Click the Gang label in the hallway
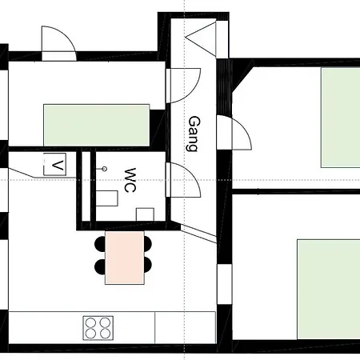point(194,134)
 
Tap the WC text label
point(130,180)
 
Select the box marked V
point(54,164)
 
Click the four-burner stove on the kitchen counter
point(98,328)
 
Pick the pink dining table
point(125,258)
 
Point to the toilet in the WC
point(106,198)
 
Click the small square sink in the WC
point(145,214)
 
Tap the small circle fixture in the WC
point(105,169)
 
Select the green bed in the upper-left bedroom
point(97,125)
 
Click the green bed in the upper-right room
point(341,118)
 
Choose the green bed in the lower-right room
point(329,290)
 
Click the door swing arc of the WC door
point(193,174)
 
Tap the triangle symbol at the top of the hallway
point(201,38)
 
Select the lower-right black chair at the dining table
point(148,266)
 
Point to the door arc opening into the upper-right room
point(246,128)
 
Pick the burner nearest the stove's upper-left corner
point(91,322)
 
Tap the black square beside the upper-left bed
point(157,128)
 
